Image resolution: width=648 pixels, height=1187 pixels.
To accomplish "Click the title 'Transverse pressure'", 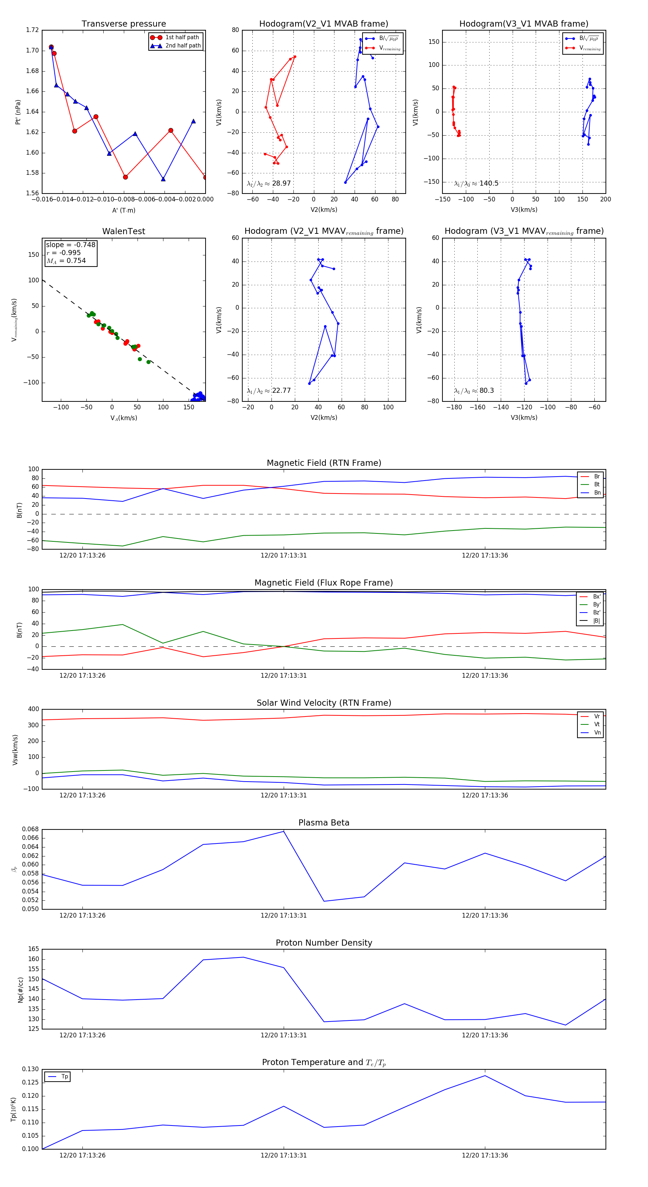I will coord(123,24).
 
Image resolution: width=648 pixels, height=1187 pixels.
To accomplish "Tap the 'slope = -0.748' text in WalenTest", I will coord(71,245).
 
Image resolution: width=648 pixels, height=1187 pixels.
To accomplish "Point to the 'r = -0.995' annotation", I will coord(64,253).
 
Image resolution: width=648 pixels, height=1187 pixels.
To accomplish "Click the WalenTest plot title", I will coord(123,231).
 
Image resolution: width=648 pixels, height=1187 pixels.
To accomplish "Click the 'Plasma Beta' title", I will coord(324,823).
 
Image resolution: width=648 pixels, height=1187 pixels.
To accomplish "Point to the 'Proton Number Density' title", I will coord(324,943).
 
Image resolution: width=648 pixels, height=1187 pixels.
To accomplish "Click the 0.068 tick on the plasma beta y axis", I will coord(31,829).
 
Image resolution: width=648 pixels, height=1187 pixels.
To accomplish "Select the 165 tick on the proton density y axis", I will coord(34,949).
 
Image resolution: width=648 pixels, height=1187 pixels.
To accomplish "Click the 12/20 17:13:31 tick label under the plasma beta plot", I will coord(284,915).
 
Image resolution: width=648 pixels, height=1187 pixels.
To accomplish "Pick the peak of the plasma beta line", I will coord(284,831).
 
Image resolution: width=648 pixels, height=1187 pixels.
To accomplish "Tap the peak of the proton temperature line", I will coord(485,1076).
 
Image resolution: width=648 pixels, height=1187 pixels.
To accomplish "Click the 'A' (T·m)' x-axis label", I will coord(123,210).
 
